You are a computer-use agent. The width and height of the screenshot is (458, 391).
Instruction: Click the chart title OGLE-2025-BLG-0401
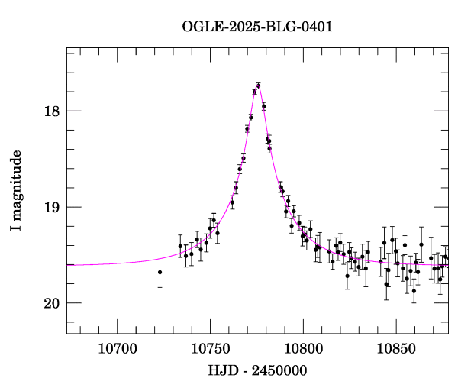click(x=257, y=27)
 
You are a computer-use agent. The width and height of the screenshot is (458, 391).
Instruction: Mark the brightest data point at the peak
click(x=259, y=86)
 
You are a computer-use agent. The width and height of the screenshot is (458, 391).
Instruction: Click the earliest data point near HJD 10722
click(x=160, y=272)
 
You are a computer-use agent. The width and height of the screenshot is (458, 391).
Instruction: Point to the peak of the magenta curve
click(x=258, y=86)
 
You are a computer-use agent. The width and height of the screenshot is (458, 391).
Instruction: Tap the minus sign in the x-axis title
click(x=245, y=371)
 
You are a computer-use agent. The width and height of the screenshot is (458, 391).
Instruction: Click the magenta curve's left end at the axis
click(x=68, y=264)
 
